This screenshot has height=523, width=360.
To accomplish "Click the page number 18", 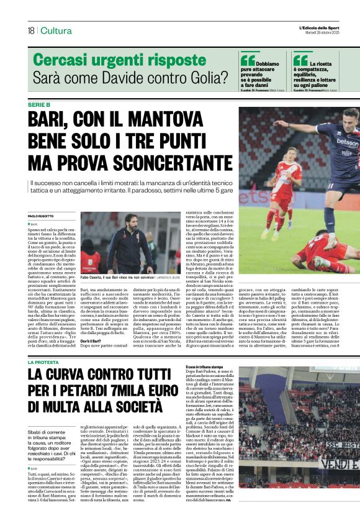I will pos(30,30).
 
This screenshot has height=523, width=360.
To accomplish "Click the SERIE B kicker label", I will pos(42,104).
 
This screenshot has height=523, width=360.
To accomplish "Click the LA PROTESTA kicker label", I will pos(43,361).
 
